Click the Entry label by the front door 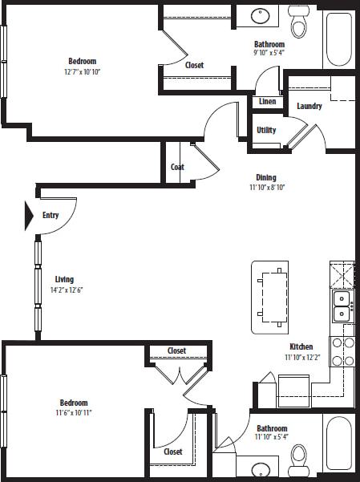[51, 215]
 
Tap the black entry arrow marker [29, 215]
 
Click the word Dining [266, 178]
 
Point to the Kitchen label [301, 346]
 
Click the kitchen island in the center [271, 297]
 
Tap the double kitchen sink [342, 306]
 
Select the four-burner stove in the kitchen [343, 351]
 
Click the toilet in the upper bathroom [299, 25]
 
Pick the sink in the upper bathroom [261, 15]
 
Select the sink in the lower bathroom [260, 469]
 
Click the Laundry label [309, 107]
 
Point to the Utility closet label [267, 131]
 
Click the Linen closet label [267, 102]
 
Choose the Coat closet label [177, 168]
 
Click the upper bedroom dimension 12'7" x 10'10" [83, 71]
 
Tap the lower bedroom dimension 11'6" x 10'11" [74, 412]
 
